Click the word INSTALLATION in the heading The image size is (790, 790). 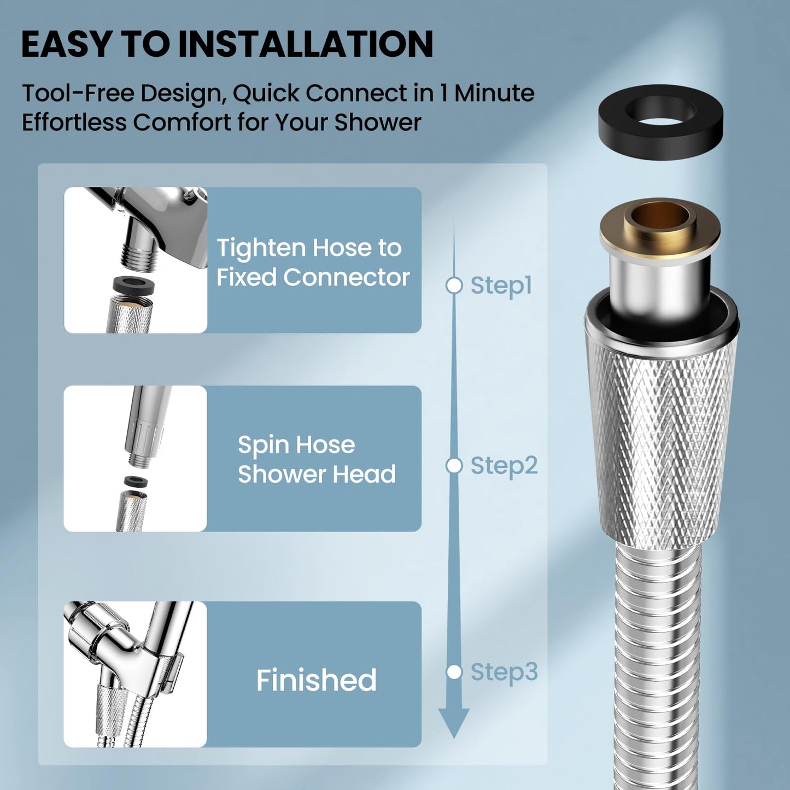(x=306, y=44)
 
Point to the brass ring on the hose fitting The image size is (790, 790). (x=660, y=230)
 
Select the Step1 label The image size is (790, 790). (x=501, y=285)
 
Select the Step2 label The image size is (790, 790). (x=504, y=466)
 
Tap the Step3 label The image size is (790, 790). (x=504, y=672)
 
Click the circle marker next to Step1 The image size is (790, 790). (x=454, y=285)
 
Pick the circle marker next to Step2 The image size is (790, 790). (x=454, y=466)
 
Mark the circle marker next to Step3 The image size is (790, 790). (x=454, y=672)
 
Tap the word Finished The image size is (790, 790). (x=316, y=680)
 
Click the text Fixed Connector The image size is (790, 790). (x=313, y=277)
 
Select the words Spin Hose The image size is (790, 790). (x=296, y=445)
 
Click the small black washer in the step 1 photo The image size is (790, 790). (x=133, y=285)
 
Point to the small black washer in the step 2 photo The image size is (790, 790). (x=132, y=482)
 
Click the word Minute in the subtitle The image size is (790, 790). (x=494, y=93)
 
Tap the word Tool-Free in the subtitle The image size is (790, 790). (x=78, y=93)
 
